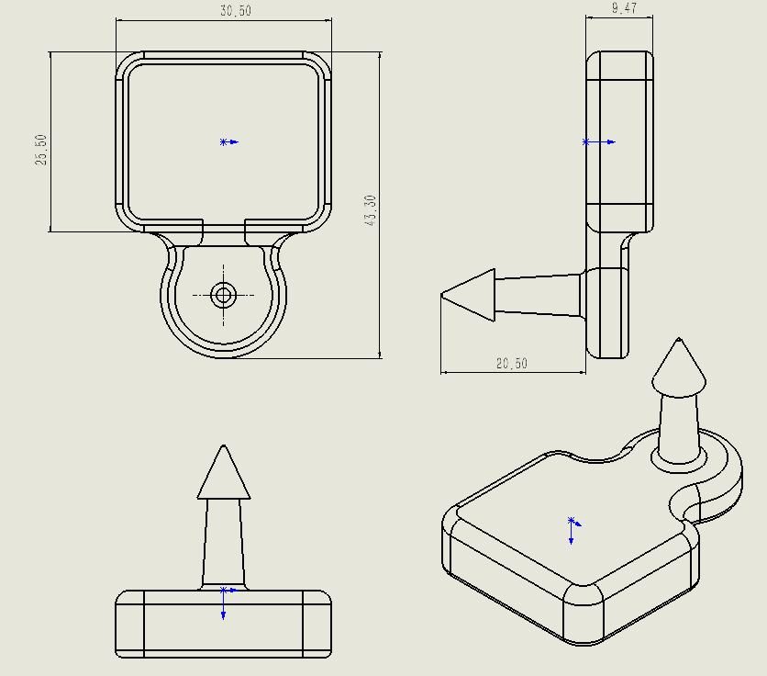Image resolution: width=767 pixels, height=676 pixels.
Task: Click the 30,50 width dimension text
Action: coord(235,11)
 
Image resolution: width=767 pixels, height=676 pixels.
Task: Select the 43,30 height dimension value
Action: coord(371,210)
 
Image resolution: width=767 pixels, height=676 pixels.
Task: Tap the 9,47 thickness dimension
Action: coord(624,8)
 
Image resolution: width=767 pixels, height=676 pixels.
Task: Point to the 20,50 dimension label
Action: coord(512,364)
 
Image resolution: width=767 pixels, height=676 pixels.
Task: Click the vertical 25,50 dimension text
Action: coord(41,150)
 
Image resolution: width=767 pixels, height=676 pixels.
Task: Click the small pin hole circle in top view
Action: coord(224,296)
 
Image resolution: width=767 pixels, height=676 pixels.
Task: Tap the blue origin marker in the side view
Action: coord(599,142)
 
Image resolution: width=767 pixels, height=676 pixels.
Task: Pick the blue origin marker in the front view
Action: coord(226,603)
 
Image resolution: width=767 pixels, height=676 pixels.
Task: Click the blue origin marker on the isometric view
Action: coord(573,530)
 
